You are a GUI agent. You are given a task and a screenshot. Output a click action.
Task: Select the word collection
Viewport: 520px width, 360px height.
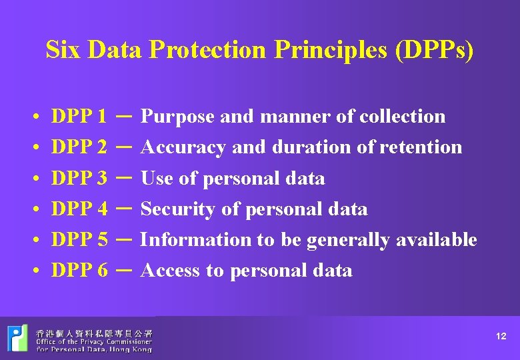click(402, 117)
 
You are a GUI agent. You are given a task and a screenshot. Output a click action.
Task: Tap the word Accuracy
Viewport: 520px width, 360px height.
click(184, 147)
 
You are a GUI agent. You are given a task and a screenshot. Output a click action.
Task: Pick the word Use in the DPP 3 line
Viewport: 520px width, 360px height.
click(157, 179)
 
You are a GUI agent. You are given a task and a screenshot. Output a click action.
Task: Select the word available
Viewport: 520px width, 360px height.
click(437, 240)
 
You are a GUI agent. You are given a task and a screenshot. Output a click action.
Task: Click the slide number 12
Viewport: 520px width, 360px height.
click(501, 337)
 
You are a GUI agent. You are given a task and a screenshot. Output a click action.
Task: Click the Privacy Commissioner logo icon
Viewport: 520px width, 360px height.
click(18, 337)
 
